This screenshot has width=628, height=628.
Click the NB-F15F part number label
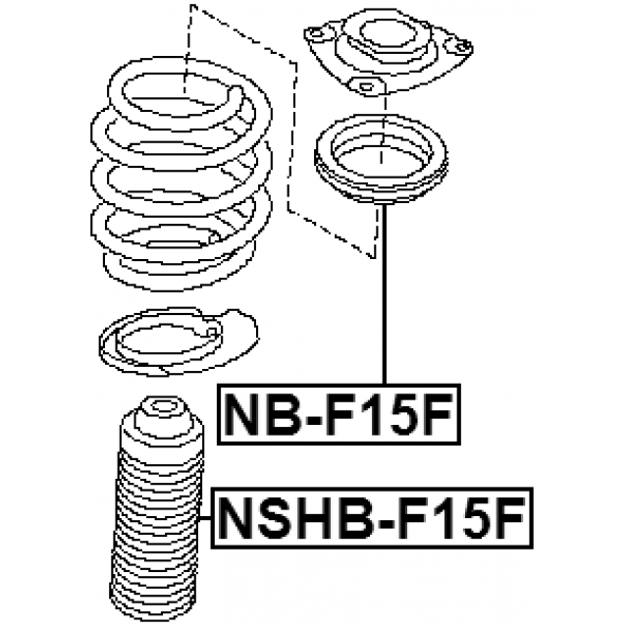[339, 414]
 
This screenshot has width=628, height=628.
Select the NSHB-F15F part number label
[372, 518]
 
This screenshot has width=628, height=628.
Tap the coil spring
[182, 175]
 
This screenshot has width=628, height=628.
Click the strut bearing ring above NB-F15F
[381, 159]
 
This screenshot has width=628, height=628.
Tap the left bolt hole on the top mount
[316, 33]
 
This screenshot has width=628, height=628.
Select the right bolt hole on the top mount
[462, 46]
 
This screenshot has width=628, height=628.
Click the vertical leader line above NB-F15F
[385, 294]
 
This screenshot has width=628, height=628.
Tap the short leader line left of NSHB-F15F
[205, 518]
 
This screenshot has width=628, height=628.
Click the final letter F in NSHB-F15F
[509, 518]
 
